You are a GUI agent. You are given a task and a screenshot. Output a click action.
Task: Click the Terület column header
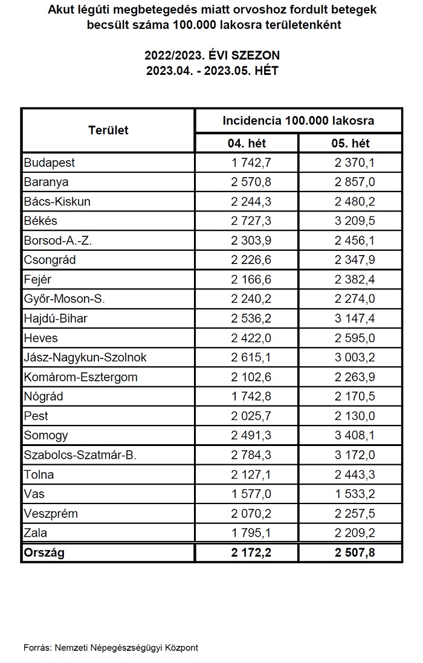(108, 130)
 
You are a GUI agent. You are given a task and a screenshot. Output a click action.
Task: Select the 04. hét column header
(246, 143)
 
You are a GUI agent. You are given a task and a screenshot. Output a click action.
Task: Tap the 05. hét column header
(350, 143)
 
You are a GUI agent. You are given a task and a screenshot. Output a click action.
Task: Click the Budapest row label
(49, 163)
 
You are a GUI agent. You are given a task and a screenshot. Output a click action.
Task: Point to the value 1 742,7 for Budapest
(251, 163)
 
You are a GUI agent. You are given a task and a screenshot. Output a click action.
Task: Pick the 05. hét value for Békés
(355, 221)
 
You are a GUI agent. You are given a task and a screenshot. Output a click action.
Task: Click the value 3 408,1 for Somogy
(355, 435)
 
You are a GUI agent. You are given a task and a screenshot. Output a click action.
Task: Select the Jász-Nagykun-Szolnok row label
(85, 357)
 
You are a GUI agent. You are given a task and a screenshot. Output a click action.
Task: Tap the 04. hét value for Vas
(251, 494)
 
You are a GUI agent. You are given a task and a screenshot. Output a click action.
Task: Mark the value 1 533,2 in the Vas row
(355, 494)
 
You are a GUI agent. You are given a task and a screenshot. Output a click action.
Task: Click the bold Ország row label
(44, 552)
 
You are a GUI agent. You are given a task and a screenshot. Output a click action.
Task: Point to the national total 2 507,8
(355, 552)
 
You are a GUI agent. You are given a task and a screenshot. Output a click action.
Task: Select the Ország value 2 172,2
(251, 552)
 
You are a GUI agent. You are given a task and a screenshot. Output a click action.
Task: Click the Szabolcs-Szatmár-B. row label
(80, 455)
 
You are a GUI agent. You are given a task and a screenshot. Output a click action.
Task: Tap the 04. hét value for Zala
(251, 532)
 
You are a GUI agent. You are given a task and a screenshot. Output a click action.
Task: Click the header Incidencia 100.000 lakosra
(298, 120)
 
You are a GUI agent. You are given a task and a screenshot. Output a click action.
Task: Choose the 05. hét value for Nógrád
(355, 396)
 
